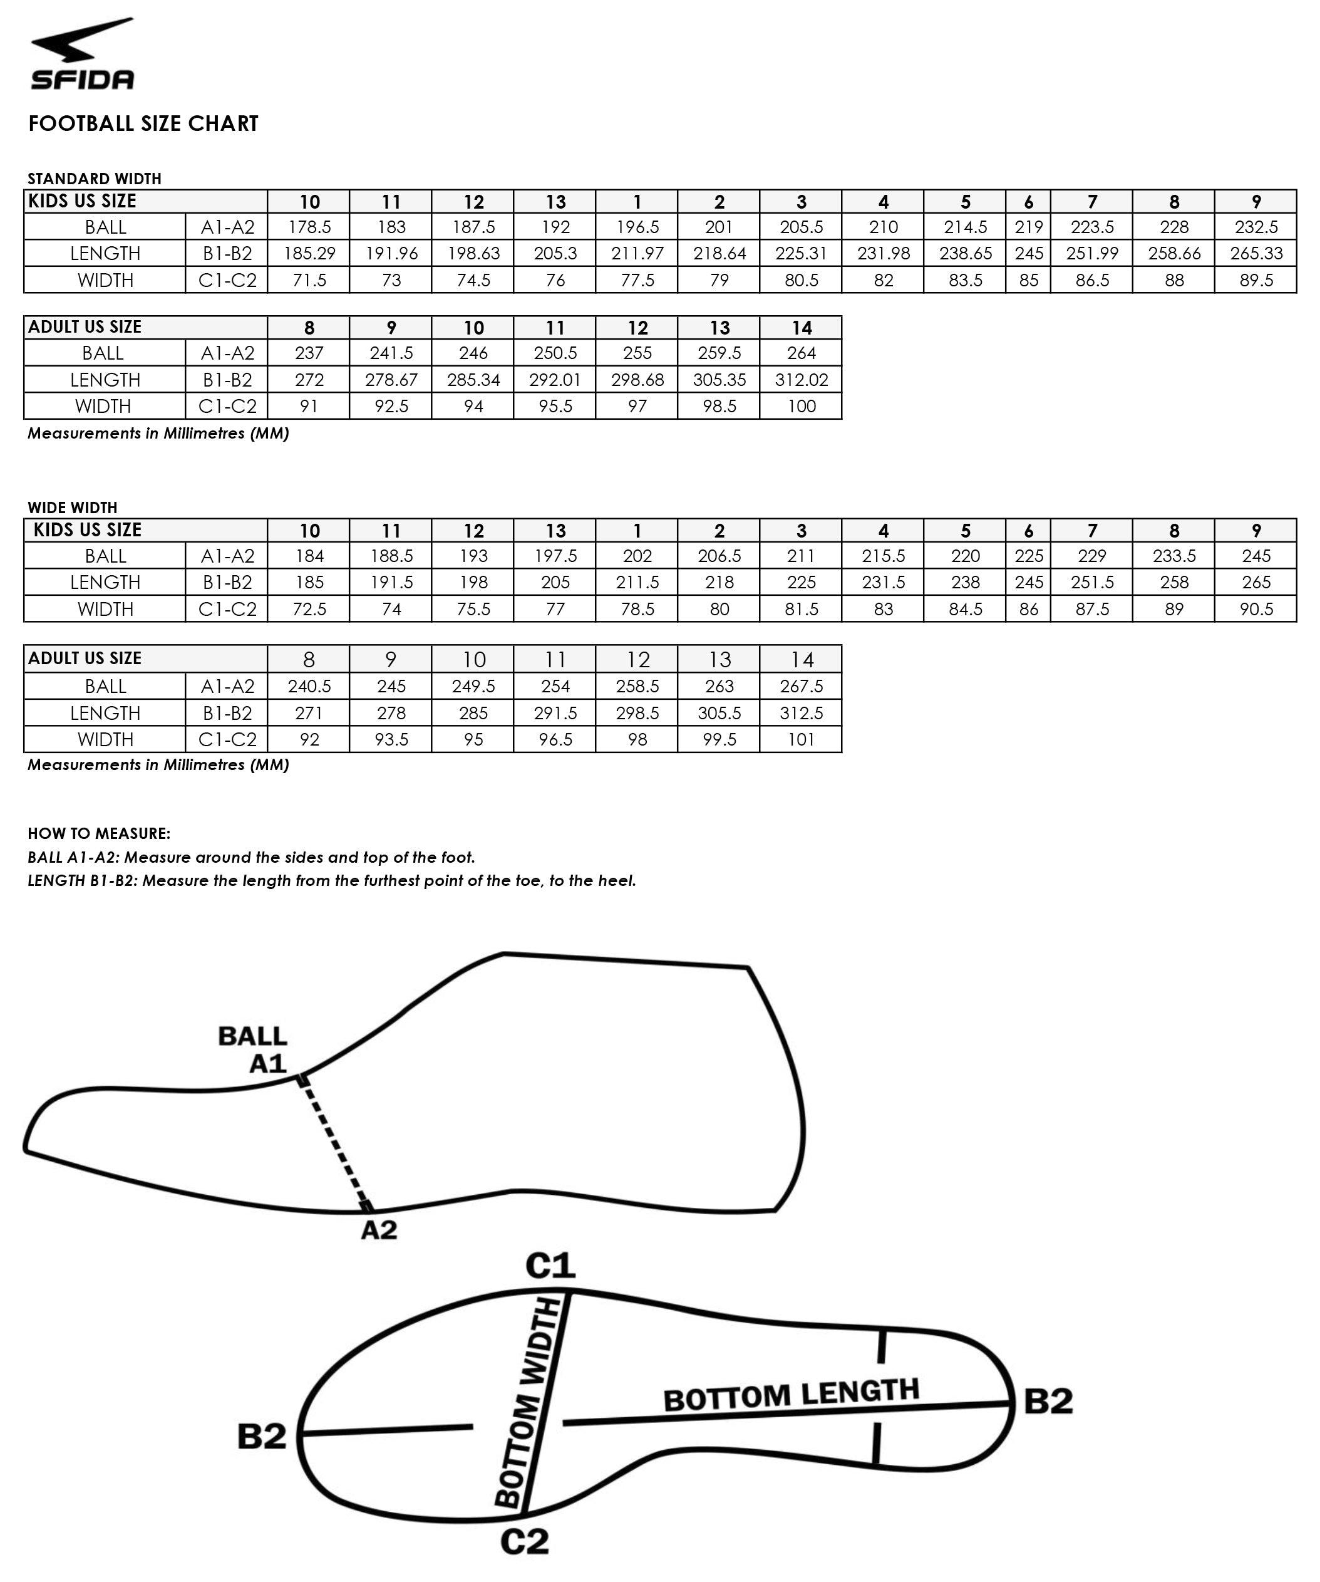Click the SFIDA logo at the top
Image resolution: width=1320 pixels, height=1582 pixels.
point(82,55)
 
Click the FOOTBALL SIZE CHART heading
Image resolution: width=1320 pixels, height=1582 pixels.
point(143,123)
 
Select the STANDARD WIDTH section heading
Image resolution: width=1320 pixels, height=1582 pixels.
point(94,179)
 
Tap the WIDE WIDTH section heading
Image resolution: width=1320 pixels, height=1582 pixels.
point(72,507)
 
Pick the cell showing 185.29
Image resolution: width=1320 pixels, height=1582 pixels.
point(309,254)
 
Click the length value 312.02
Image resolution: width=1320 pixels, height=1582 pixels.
point(801,380)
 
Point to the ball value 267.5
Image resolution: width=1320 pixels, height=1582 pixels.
point(801,686)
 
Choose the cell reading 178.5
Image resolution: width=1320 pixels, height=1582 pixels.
point(309,227)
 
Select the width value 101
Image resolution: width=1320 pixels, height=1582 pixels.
point(801,740)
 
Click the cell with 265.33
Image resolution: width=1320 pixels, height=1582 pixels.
point(1256,254)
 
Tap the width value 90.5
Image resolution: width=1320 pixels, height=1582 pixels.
point(1256,610)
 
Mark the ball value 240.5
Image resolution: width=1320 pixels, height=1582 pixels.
point(309,686)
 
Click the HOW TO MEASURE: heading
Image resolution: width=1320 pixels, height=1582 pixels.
point(99,834)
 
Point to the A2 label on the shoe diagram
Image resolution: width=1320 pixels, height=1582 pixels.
point(379,1230)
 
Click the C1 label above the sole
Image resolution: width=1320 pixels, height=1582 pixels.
point(550,1266)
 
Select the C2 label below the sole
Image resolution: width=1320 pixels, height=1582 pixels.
point(524,1542)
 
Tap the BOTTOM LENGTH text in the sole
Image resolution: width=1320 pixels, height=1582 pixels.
point(791,1395)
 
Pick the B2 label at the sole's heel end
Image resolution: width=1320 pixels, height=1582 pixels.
point(1048,1401)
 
